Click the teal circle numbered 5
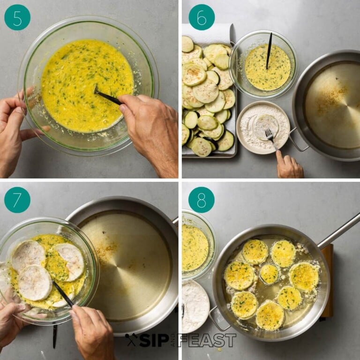(17, 17)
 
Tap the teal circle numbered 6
(202, 17)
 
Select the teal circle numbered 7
(17, 200)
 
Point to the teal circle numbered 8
(202, 200)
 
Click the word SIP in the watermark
(154, 340)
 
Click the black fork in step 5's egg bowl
(107, 96)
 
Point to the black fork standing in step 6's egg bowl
(269, 51)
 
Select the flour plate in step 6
(263, 127)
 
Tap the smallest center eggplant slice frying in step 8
(269, 274)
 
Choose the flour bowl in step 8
(195, 307)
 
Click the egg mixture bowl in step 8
(198, 245)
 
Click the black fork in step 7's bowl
(63, 294)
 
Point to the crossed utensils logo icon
(131, 339)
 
